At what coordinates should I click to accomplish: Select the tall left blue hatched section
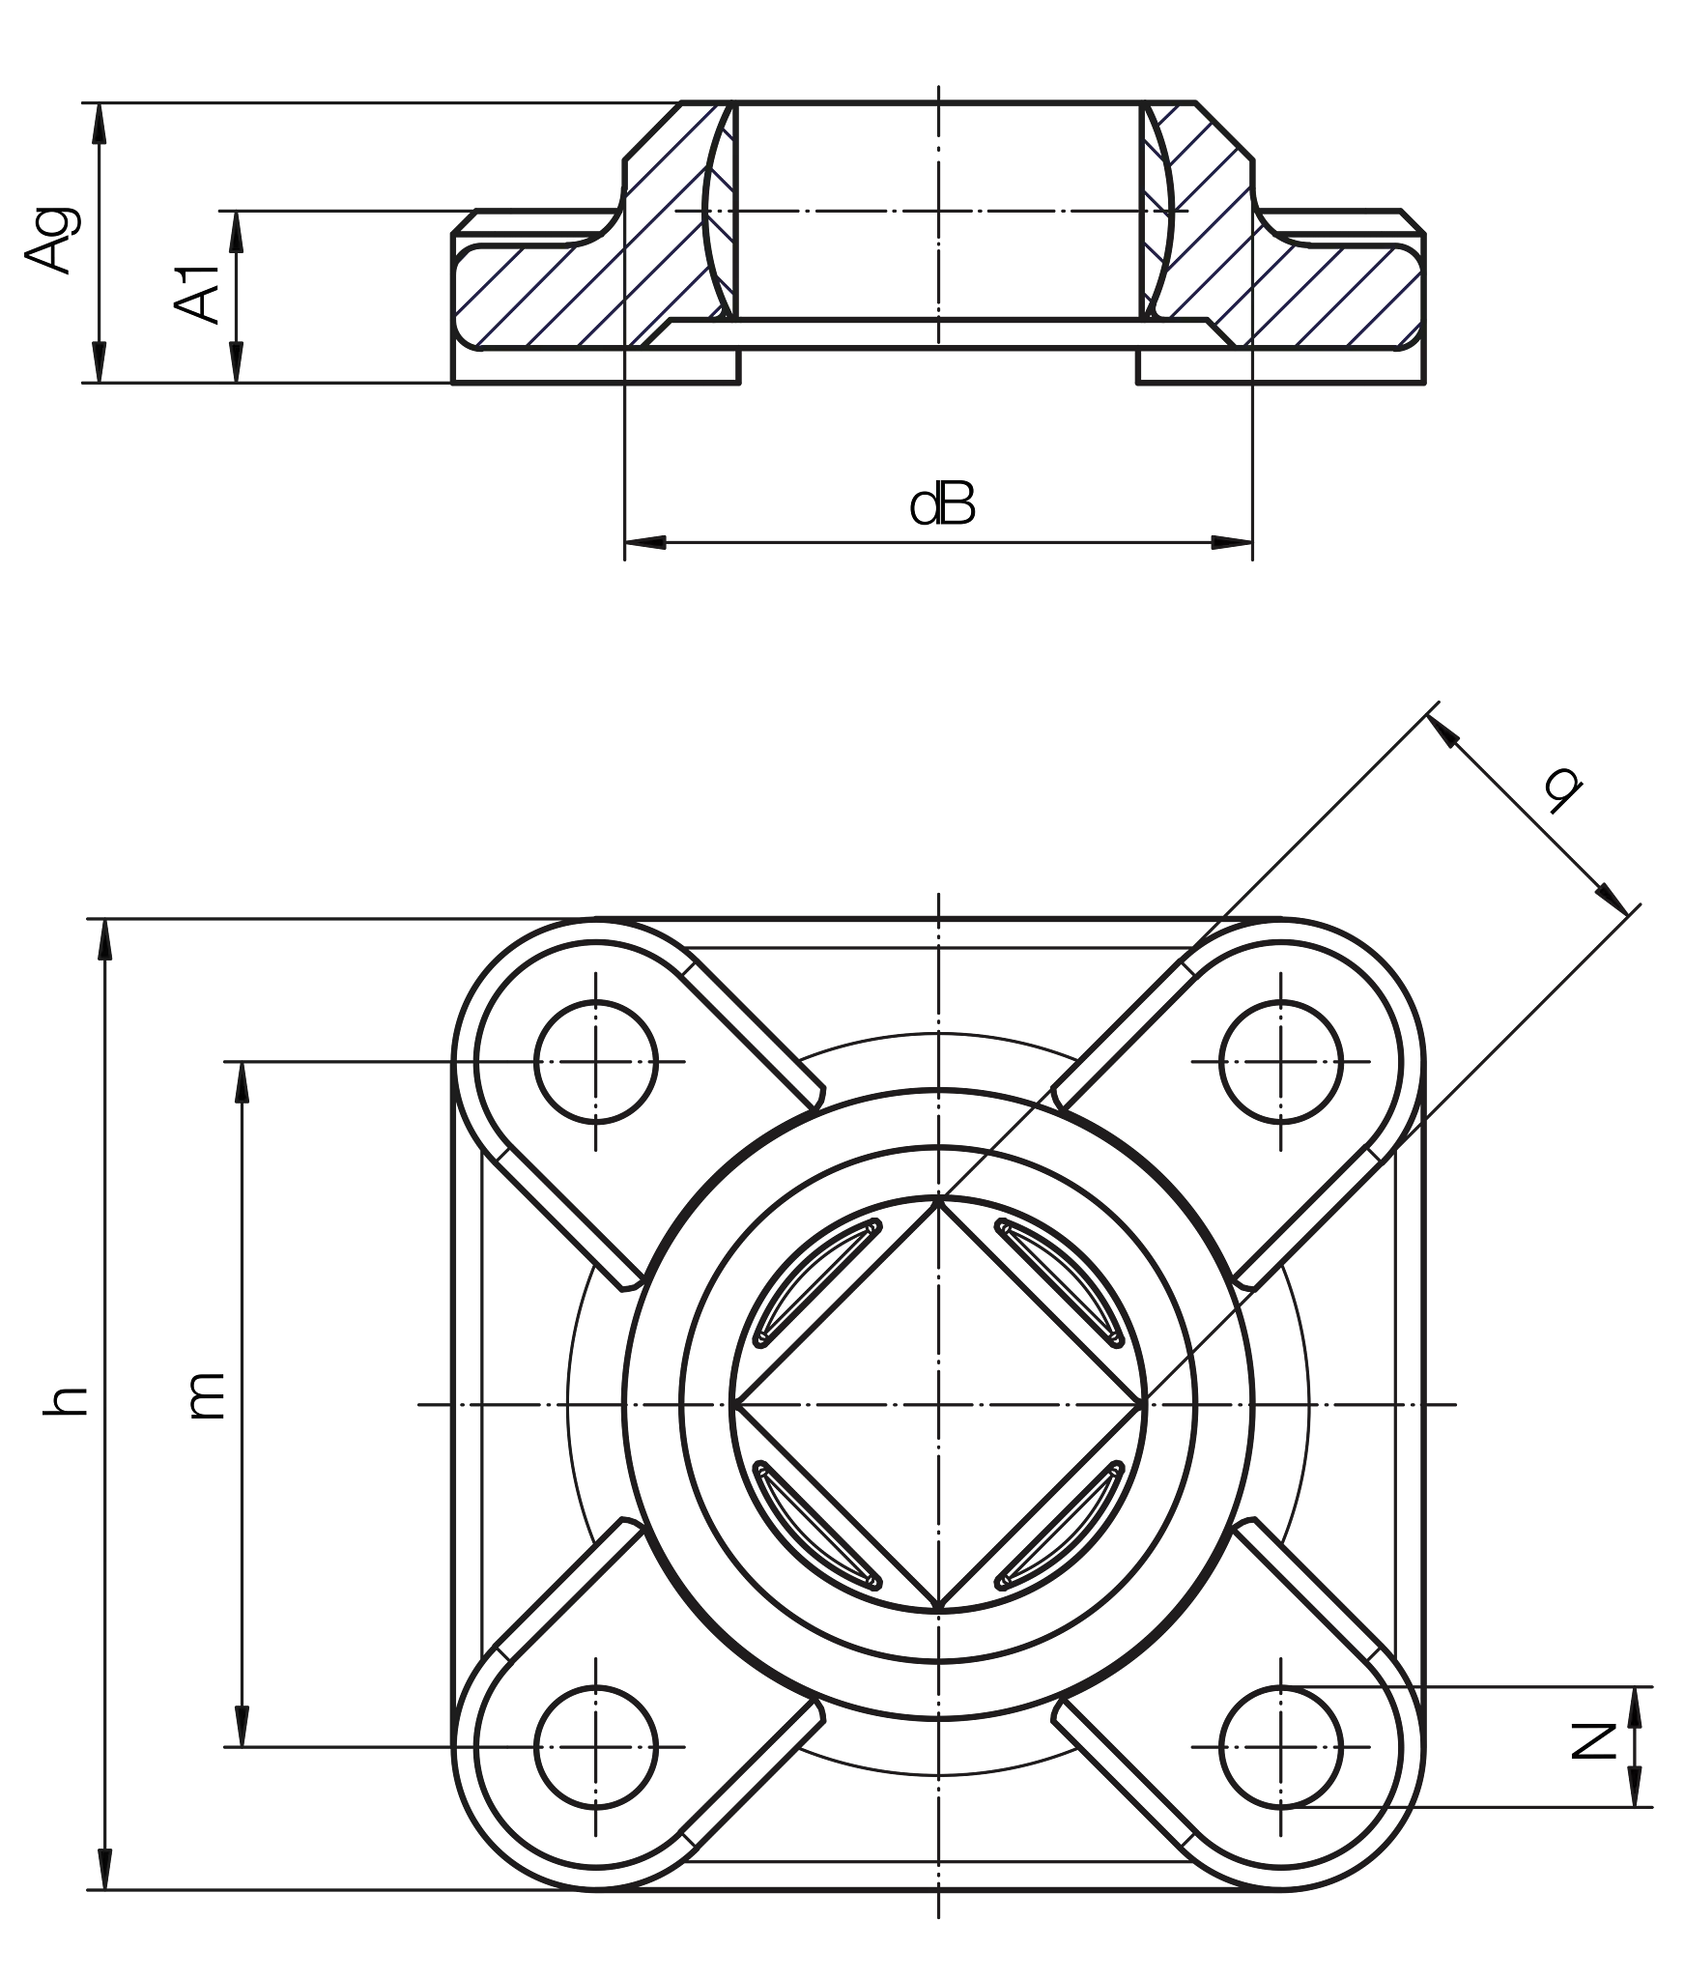tap(676, 222)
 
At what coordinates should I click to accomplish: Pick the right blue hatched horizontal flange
tap(1343, 295)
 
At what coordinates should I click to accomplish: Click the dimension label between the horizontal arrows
tap(1072, 503)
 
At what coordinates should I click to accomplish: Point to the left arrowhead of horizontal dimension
tap(649, 543)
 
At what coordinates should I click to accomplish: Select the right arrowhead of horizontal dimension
tap(1227, 543)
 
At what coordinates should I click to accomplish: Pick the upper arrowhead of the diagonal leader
tap(1444, 733)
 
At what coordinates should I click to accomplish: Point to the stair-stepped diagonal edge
tap(1343, 792)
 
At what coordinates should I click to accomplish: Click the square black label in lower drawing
tap(213, 1394)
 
